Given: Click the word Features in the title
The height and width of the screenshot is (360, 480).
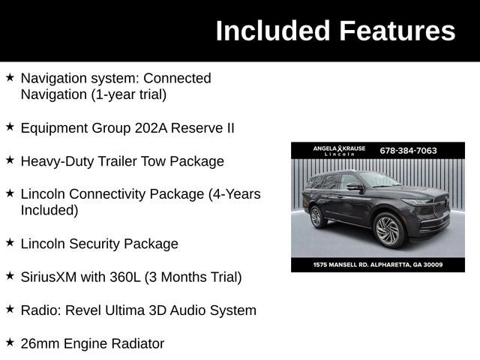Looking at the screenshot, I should [x=397, y=31].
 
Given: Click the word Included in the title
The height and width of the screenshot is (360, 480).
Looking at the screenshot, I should [x=273, y=31].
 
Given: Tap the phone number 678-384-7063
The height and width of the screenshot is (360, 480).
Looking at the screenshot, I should [x=408, y=150].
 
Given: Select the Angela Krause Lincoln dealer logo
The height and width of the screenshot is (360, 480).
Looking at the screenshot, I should [x=339, y=150].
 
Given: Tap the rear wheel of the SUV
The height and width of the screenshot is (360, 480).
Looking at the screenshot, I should [x=317, y=217].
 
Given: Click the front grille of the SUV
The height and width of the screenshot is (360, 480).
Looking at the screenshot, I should [x=439, y=207].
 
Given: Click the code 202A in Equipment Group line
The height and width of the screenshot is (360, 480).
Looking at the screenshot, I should [x=151, y=128].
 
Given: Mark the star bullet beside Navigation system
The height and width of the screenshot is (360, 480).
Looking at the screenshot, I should [x=10, y=77].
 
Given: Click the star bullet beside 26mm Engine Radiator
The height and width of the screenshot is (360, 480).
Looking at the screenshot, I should [x=10, y=343].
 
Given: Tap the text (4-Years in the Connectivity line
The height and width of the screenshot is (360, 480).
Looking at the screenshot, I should [x=234, y=194].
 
